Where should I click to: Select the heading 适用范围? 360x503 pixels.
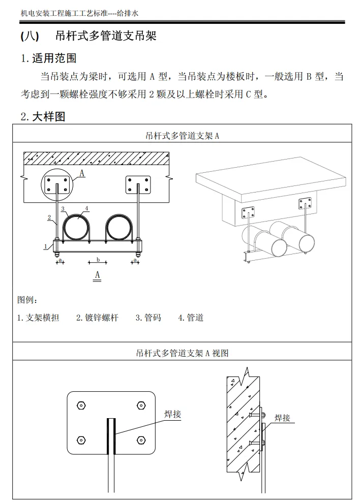click(54, 58)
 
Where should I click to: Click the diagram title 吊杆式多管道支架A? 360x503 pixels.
click(182, 136)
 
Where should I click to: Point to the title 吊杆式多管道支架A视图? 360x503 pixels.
click(182, 353)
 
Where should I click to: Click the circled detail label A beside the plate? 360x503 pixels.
click(81, 173)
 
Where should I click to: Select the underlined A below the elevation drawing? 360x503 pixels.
click(98, 275)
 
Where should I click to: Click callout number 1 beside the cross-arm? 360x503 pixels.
click(45, 246)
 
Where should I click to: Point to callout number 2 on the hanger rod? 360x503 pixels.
click(50, 217)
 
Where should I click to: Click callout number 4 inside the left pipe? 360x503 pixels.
click(87, 208)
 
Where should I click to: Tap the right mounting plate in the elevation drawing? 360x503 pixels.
click(138, 185)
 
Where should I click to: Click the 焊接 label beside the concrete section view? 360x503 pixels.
click(282, 418)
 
